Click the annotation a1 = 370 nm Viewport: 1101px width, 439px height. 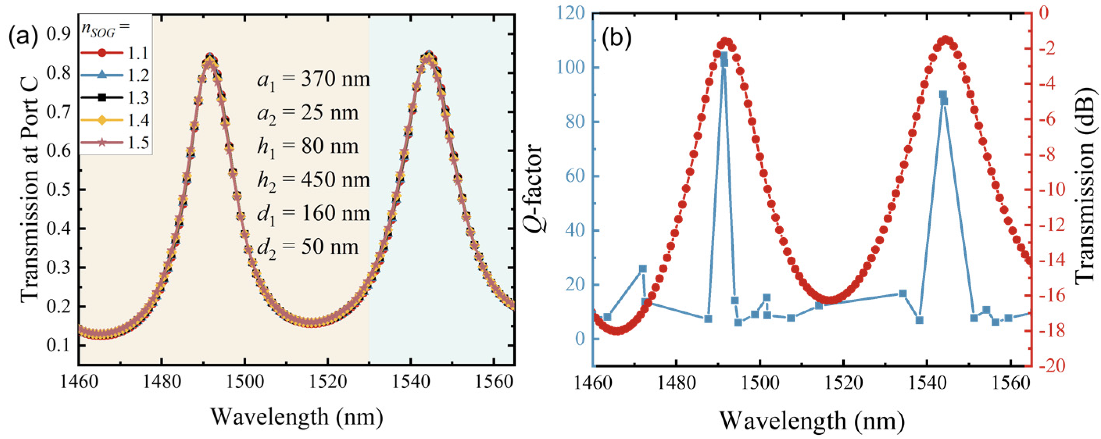[x=313, y=80]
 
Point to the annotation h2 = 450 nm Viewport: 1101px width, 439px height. [x=313, y=180]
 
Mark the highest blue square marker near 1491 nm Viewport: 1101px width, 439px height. [x=724, y=56]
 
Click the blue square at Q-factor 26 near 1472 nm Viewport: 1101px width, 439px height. [x=643, y=268]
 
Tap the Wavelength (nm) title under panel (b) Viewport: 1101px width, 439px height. [x=811, y=421]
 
